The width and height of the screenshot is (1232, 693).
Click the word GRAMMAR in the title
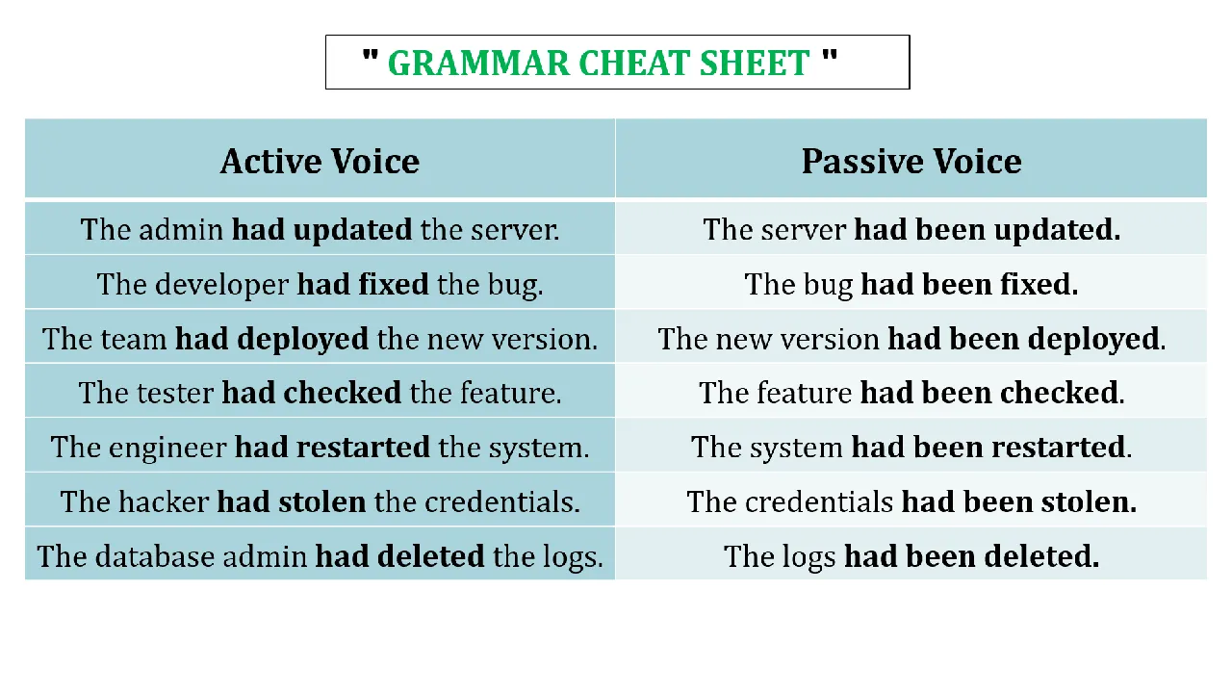478,63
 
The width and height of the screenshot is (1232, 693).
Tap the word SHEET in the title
755,63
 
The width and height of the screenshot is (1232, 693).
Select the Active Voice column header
320,161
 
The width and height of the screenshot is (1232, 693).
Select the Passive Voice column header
911,161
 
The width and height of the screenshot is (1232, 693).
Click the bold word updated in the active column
352,229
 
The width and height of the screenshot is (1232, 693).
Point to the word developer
221,285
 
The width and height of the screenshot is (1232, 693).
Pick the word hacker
164,501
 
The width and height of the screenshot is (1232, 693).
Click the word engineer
167,448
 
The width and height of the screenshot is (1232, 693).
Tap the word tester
175,393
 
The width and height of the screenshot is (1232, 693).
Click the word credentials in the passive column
819,501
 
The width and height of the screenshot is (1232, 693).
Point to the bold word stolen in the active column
321,501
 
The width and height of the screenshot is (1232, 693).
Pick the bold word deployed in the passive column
1093,339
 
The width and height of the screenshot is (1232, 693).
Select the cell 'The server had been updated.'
911,229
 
